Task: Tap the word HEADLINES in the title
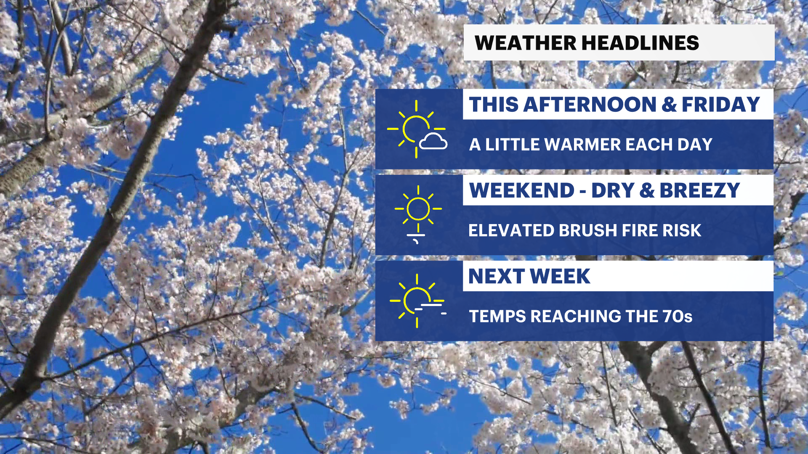pos(641,43)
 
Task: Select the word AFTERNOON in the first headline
pos(590,104)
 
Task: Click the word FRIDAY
pos(720,104)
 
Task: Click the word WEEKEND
pos(522,190)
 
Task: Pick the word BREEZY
pos(699,190)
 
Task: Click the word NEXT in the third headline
pos(496,276)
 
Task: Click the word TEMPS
pos(497,316)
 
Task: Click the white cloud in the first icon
pos(433,141)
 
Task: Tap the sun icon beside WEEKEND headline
pos(418,209)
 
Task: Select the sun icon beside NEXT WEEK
pos(417,301)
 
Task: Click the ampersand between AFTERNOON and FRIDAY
pos(669,104)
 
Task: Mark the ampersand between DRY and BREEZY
pos(647,190)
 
